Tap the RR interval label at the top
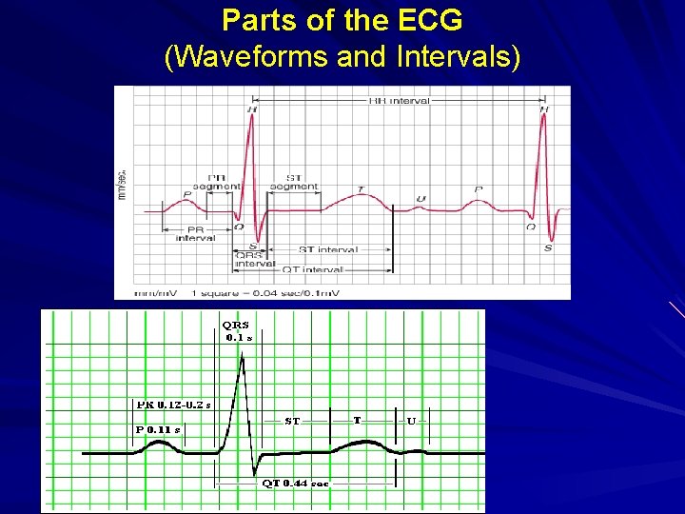(399, 101)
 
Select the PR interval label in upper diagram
(196, 234)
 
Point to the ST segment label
(294, 181)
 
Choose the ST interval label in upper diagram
(328, 249)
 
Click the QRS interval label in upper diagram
(255, 260)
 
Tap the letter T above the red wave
(361, 189)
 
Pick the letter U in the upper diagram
(421, 199)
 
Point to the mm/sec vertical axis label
(122, 185)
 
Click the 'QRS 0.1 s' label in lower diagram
(238, 329)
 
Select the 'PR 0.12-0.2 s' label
(173, 405)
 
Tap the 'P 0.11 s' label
(157, 429)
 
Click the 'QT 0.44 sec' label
(295, 483)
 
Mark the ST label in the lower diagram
(293, 420)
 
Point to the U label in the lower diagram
(411, 420)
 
